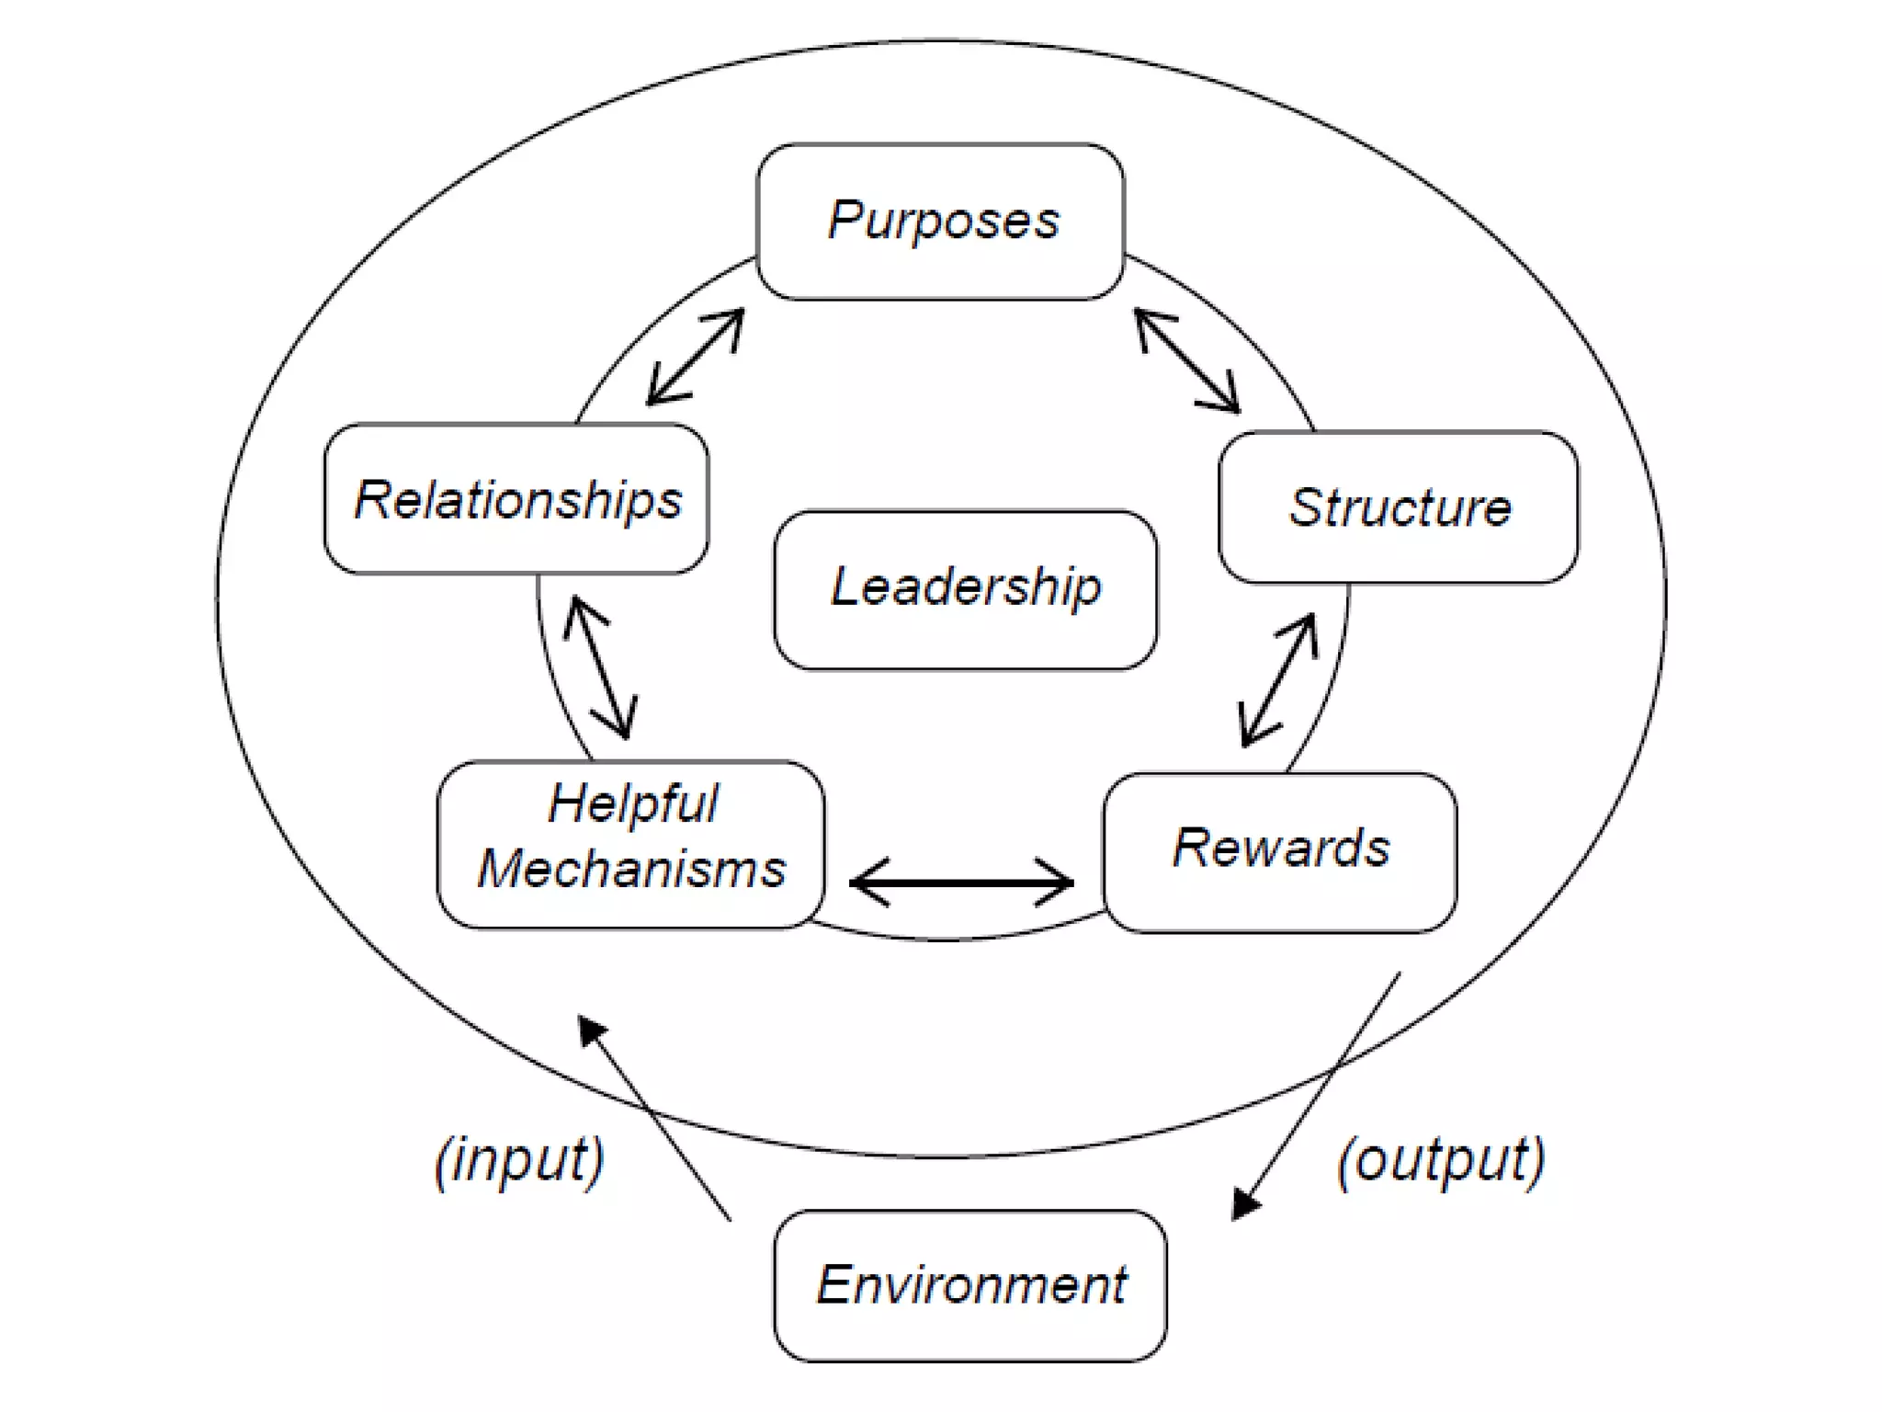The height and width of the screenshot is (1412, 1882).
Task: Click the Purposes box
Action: pyautogui.click(x=940, y=222)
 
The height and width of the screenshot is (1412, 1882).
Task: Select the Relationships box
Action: pyautogui.click(x=516, y=499)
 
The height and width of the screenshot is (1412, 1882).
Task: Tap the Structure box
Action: pyautogui.click(x=1398, y=507)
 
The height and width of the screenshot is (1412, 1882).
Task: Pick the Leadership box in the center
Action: pyautogui.click(x=965, y=589)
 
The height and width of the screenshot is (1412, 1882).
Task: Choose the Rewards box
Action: pyautogui.click(x=1279, y=851)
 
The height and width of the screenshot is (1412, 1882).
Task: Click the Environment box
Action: pyautogui.click(x=969, y=1285)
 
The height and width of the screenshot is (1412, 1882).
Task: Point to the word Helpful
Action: pyautogui.click(x=633, y=803)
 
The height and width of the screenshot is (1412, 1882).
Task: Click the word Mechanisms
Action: pyautogui.click(x=631, y=869)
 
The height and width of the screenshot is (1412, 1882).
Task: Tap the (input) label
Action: pyautogui.click(x=519, y=1160)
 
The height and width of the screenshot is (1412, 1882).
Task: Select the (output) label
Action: pyautogui.click(x=1441, y=1160)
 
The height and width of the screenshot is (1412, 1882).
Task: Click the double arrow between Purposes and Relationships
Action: pyautogui.click(x=696, y=358)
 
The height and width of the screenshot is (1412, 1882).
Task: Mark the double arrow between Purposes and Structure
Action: pyautogui.click(x=1187, y=360)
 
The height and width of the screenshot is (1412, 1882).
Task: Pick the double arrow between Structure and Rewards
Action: pyautogui.click(x=1278, y=680)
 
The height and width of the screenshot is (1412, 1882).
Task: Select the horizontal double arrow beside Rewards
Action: pyautogui.click(x=961, y=882)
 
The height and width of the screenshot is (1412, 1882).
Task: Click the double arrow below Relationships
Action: pyautogui.click(x=600, y=667)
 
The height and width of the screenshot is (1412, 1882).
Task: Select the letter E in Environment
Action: pyautogui.click(x=834, y=1284)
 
